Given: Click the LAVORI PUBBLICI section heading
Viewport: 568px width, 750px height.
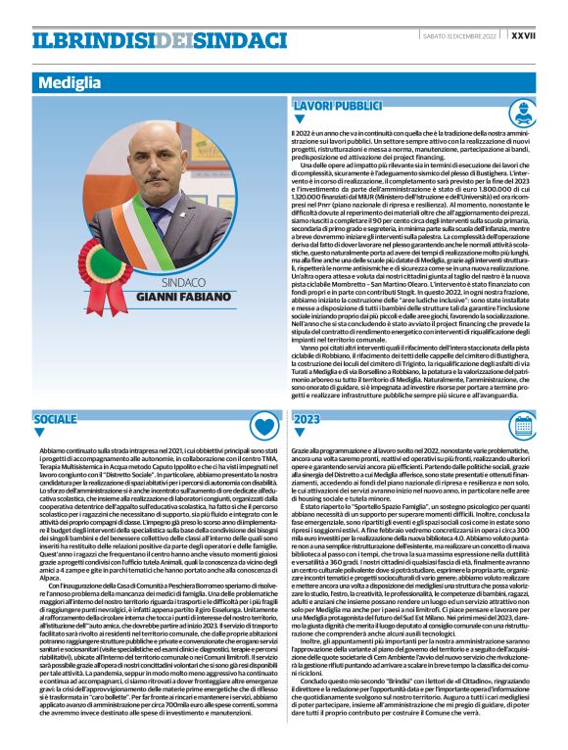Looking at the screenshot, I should pyautogui.click(x=337, y=105).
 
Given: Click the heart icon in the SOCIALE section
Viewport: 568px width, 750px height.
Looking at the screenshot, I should pyautogui.click(x=263, y=424).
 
